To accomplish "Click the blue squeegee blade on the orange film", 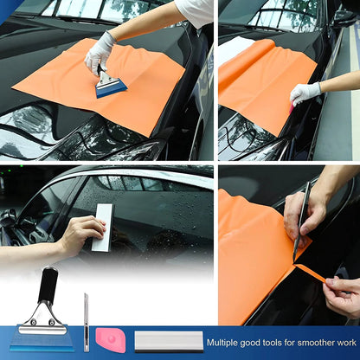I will coord(111,87).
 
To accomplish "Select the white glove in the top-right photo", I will coord(305,93).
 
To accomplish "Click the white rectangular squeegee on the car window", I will coord(103,227).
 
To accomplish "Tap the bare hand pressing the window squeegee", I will coord(80,235).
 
